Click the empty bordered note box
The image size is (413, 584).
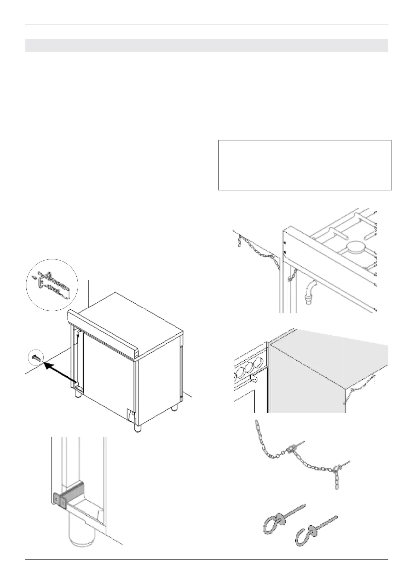[305, 165]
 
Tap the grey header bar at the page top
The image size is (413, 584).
[206, 45]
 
